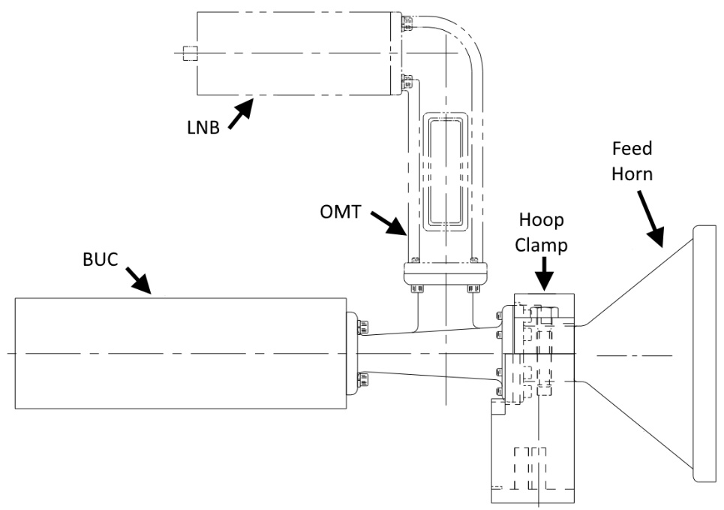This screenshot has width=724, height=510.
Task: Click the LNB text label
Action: coord(203,127)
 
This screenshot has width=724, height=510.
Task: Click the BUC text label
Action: coord(101,259)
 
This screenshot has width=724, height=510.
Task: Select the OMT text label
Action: coord(341,212)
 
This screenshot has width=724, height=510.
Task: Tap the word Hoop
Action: coord(541,221)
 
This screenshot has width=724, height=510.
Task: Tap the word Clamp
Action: coord(541,245)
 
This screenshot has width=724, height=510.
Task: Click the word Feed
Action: coord(632,149)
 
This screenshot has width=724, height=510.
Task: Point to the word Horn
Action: coord(632,174)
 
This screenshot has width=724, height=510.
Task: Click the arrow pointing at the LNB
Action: coord(241,113)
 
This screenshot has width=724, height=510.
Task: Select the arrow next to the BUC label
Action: coord(138,280)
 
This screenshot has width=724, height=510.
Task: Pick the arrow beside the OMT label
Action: coord(389,223)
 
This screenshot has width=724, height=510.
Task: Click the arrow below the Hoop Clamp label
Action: coord(545,273)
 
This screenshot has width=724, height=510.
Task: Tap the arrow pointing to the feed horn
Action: coord(651,219)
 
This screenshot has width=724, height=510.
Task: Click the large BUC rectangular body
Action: coord(181,353)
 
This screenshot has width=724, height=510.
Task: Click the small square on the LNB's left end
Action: coord(191,53)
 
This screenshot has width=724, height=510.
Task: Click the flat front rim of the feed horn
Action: coord(704,354)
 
